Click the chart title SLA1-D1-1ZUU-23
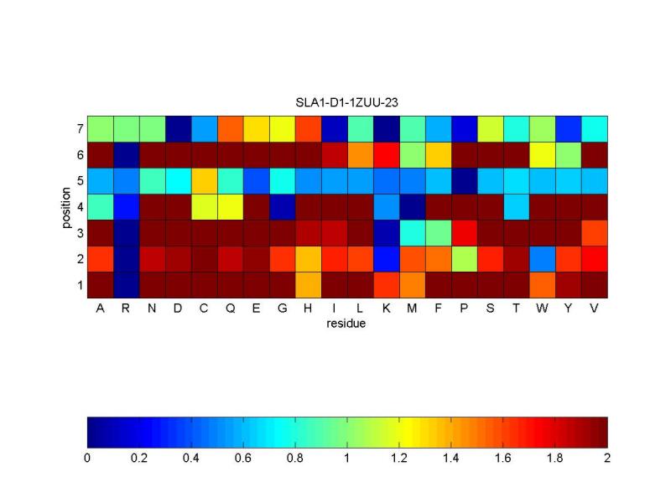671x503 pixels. click(x=347, y=103)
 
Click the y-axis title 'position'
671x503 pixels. click(x=68, y=207)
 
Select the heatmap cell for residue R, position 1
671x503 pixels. click(x=126, y=285)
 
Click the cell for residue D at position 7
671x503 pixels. click(x=178, y=129)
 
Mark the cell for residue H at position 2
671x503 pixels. click(x=308, y=259)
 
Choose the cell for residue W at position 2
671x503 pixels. click(x=542, y=259)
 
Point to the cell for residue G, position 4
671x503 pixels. click(x=282, y=207)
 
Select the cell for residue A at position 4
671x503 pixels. click(x=100, y=207)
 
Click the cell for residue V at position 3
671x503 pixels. click(x=594, y=233)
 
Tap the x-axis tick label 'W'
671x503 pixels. click(x=542, y=309)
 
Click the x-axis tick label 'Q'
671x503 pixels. click(x=230, y=309)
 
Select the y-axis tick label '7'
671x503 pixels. click(x=79, y=129)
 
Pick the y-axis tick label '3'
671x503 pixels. click(x=79, y=233)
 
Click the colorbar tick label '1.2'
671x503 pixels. click(x=399, y=459)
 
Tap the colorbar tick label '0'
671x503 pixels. click(x=87, y=459)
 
